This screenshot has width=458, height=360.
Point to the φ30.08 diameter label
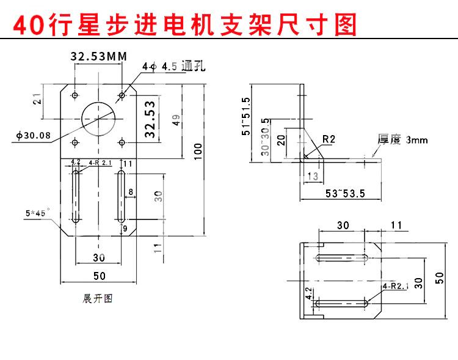coord(34,135)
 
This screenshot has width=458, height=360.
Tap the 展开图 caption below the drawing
coord(98,299)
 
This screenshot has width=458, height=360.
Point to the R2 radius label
coord(329,139)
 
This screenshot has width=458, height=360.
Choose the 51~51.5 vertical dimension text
coord(246,116)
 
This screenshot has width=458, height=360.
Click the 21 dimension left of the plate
coord(38,98)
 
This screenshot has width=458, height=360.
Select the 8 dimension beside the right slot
coord(130,192)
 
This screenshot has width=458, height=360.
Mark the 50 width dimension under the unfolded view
coord(99,276)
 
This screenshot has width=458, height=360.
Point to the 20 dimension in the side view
coord(281,139)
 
